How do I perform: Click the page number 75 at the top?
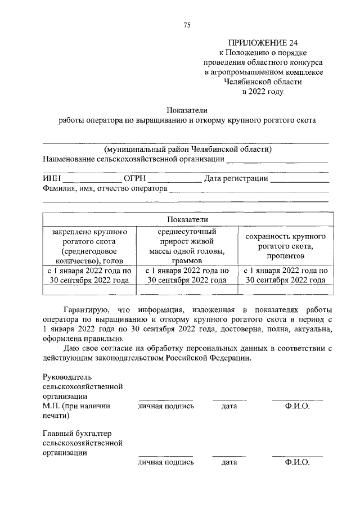pos(187,25)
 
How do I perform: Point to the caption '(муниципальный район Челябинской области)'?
pos(187,149)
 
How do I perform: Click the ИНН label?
pos(52,179)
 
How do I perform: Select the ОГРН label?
pos(135,179)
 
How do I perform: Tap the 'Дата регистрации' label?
pos(236,179)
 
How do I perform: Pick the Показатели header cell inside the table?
pos(188,219)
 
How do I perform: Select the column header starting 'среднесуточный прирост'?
pos(187,246)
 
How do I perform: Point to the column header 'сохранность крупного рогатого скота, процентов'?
pos(286,246)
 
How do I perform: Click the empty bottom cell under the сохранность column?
pos(286,290)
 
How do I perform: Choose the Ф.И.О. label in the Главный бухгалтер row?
pos(298,462)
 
